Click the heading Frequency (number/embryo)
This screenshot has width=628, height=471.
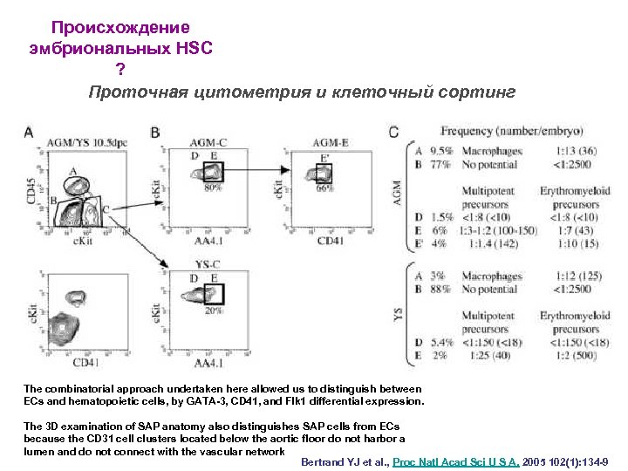pos(512,132)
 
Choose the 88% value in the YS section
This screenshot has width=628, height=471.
pos(441,290)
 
